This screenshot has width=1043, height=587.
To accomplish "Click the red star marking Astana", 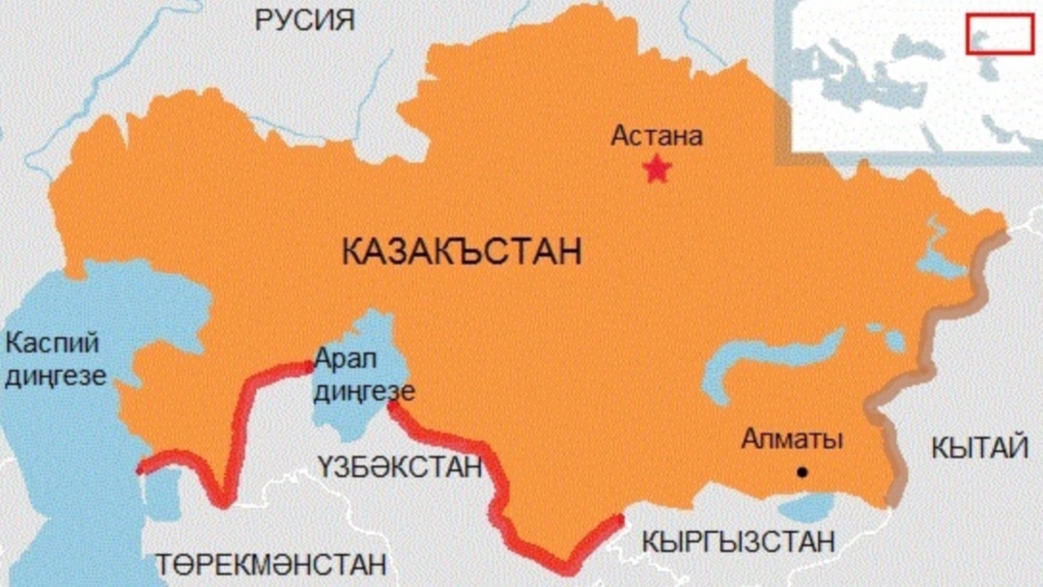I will coord(657,171).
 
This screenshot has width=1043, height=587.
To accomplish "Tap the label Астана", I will coord(657,136).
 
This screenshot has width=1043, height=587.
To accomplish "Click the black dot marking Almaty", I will coord(802,472).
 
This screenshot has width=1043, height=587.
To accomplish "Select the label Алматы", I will coord(792,440).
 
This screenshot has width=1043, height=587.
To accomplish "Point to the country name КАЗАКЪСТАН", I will coord(462,253).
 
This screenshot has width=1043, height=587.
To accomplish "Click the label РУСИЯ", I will coord(304,20).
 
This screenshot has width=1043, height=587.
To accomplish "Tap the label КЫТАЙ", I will coord(979,447).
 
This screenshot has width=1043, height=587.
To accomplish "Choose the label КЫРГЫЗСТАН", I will coord(740,542).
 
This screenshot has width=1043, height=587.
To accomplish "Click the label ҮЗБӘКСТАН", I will coord(399,467).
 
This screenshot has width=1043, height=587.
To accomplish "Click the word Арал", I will coord(344,359).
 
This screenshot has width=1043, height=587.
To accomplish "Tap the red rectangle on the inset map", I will coord(1000,34).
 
